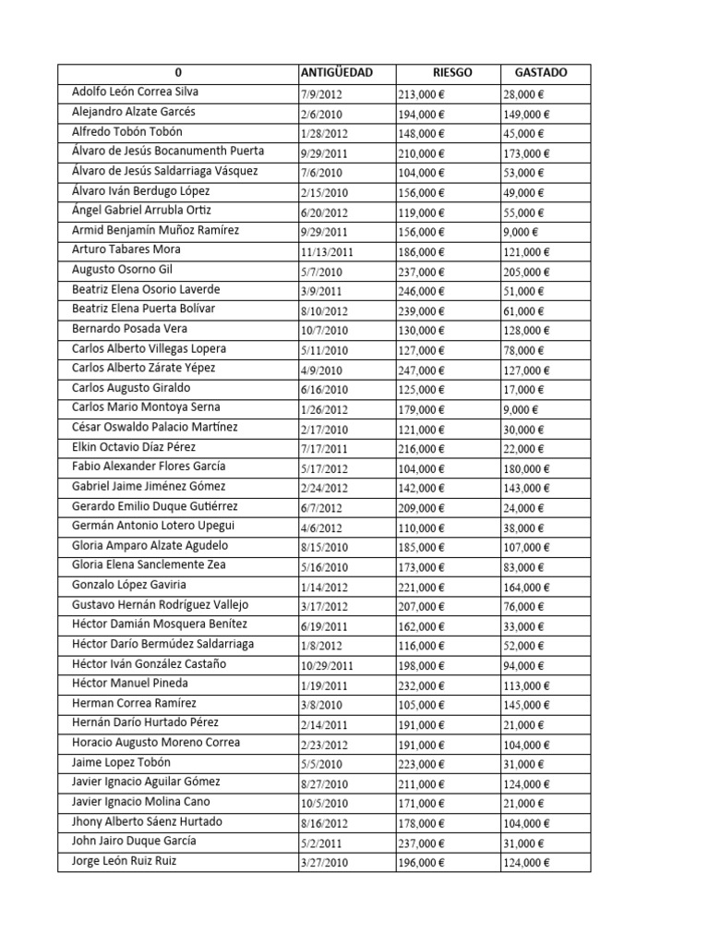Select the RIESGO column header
pyautogui.click(x=452, y=73)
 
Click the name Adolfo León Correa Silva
pyautogui.click(x=135, y=92)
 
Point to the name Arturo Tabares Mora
pyautogui.click(x=126, y=249)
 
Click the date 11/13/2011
pyautogui.click(x=327, y=251)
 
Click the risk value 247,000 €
pyautogui.click(x=421, y=370)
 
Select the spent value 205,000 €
pyautogui.click(x=526, y=272)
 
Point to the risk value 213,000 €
pyautogui.click(x=421, y=94)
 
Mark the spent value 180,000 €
pyautogui.click(x=526, y=468)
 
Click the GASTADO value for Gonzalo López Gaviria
pyautogui.click(x=526, y=587)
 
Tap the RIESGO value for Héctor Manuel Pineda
pyautogui.click(x=421, y=685)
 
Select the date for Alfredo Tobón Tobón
pyautogui.click(x=322, y=133)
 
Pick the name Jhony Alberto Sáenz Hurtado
pyautogui.click(x=147, y=821)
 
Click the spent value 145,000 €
pyautogui.click(x=526, y=705)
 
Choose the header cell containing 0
pyautogui.click(x=178, y=73)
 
